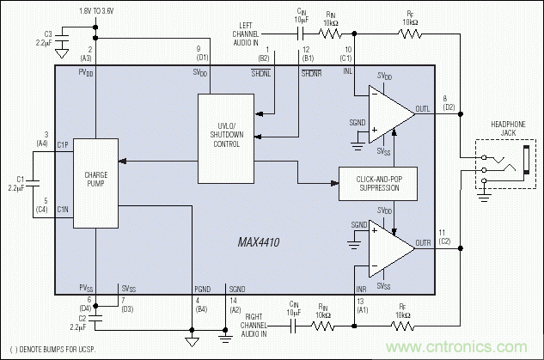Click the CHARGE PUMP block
click(95, 181)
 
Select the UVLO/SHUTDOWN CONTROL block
click(227, 138)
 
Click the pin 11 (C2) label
click(444, 237)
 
